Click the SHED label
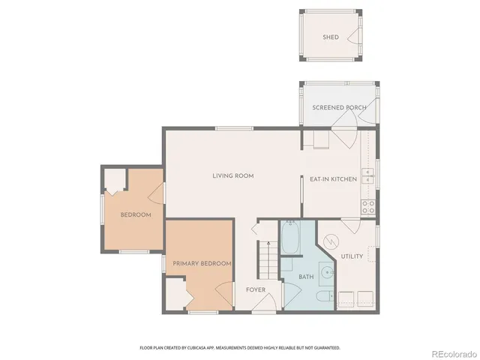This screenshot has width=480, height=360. click(331, 37)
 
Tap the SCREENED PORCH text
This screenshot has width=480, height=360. click(339, 108)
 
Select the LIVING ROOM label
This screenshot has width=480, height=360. click(232, 176)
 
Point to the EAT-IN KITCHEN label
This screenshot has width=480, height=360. click(333, 179)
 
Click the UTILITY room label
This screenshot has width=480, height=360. click(352, 256)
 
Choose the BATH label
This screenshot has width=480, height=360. click(306, 277)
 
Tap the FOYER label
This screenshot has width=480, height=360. click(256, 289)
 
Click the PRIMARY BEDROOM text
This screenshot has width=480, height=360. click(201, 264)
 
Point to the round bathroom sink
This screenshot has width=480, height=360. click(326, 273)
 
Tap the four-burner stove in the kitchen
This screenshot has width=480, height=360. click(367, 206)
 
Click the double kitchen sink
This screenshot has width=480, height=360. click(367, 175)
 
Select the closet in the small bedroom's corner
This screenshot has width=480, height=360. click(114, 181)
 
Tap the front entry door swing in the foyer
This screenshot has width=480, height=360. click(265, 301)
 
